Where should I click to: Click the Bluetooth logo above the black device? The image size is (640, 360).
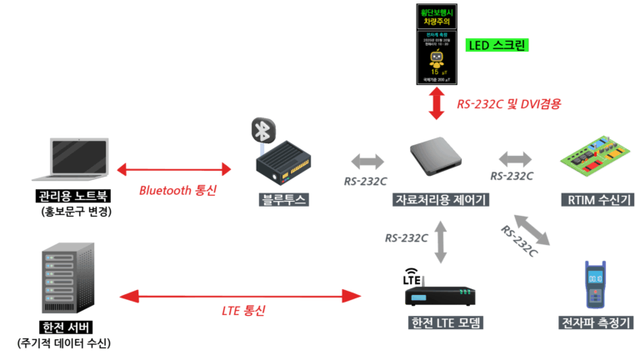[x=263, y=131]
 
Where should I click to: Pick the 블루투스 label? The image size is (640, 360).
[x=284, y=199]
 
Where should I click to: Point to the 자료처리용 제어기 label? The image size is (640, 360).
[x=440, y=200]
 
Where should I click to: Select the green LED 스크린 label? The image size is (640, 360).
[x=497, y=46]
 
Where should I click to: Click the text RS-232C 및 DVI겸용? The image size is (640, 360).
[x=508, y=104]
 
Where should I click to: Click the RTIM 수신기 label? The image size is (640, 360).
[x=593, y=200]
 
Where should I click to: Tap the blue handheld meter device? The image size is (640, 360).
[x=593, y=285]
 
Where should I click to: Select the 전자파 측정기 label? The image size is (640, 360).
[x=593, y=322]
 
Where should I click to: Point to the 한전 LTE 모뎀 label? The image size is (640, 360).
[x=442, y=323]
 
